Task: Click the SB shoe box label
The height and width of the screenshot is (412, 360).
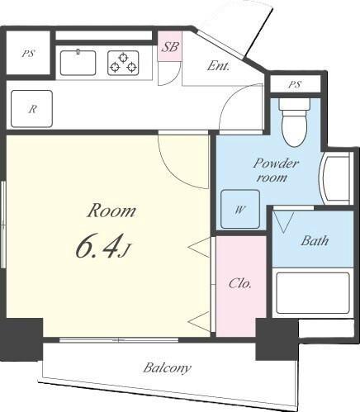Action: point(170,47)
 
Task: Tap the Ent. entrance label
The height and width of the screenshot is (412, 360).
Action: point(218,66)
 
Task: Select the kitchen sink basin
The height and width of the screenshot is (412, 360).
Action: point(78,63)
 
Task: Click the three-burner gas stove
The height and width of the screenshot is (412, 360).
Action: point(123,63)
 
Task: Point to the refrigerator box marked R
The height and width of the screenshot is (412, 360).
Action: point(31,109)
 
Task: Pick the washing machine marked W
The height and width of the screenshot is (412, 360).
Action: point(240,209)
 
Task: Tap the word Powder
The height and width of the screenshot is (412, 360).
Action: point(276,163)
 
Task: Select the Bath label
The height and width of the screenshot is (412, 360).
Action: point(315,241)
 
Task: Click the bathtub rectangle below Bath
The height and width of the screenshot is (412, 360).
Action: point(313,293)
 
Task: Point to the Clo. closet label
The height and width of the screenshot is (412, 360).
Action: point(240,283)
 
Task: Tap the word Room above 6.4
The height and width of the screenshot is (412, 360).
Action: point(111,211)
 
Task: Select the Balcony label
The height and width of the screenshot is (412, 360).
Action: point(167,368)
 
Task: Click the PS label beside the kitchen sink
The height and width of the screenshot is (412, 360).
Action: point(28,54)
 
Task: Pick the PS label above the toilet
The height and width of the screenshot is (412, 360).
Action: point(295,84)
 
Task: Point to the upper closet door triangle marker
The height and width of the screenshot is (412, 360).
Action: point(199,248)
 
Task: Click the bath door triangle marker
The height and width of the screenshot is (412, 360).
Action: point(284,222)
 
